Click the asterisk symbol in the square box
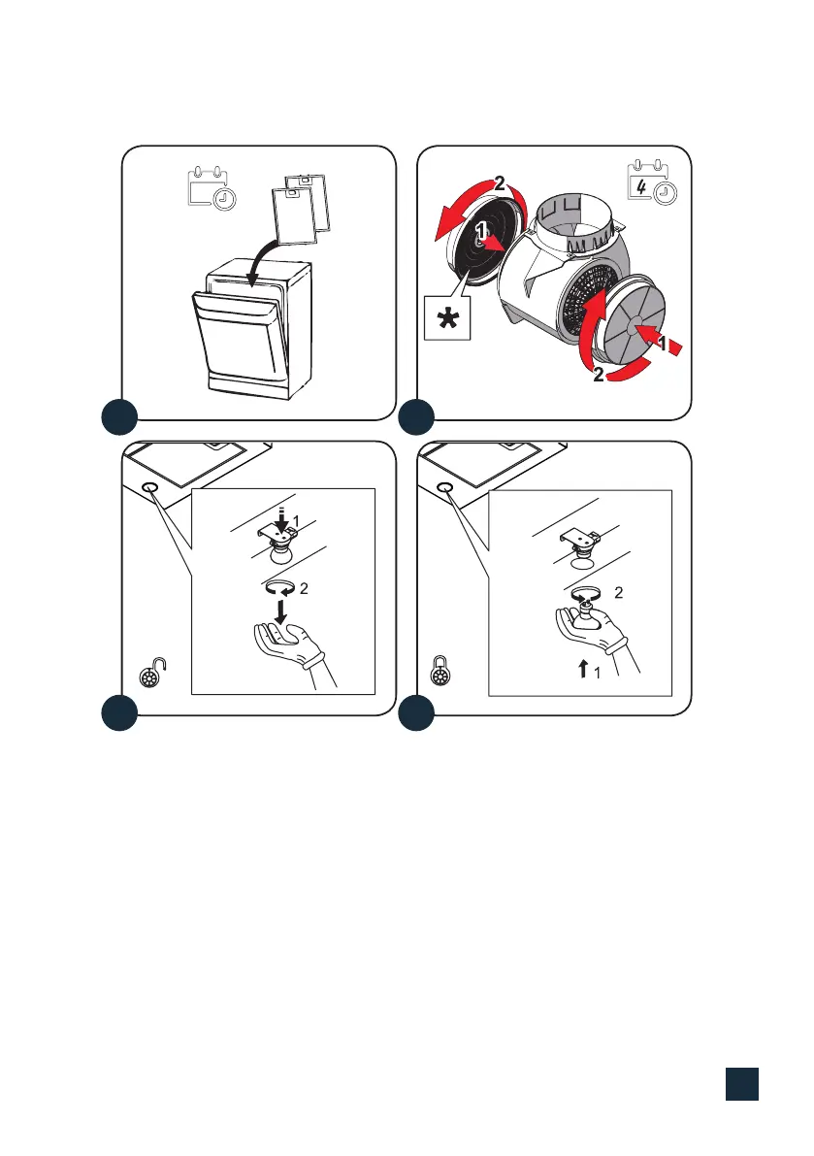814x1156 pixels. pyautogui.click(x=447, y=320)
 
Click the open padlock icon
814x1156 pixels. pyautogui.click(x=152, y=673)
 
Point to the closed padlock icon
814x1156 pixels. pyautogui.click(x=440, y=670)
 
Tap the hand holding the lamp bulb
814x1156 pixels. pyautogui.click(x=596, y=630)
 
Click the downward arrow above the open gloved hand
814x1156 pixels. pyautogui.click(x=280, y=611)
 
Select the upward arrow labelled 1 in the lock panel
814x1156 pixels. pyautogui.click(x=583, y=669)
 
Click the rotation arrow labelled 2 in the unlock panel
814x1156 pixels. pyautogui.click(x=280, y=587)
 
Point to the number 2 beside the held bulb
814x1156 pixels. pyautogui.click(x=619, y=593)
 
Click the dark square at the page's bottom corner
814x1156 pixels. pyautogui.click(x=742, y=1084)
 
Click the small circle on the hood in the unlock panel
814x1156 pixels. pyautogui.click(x=148, y=489)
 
